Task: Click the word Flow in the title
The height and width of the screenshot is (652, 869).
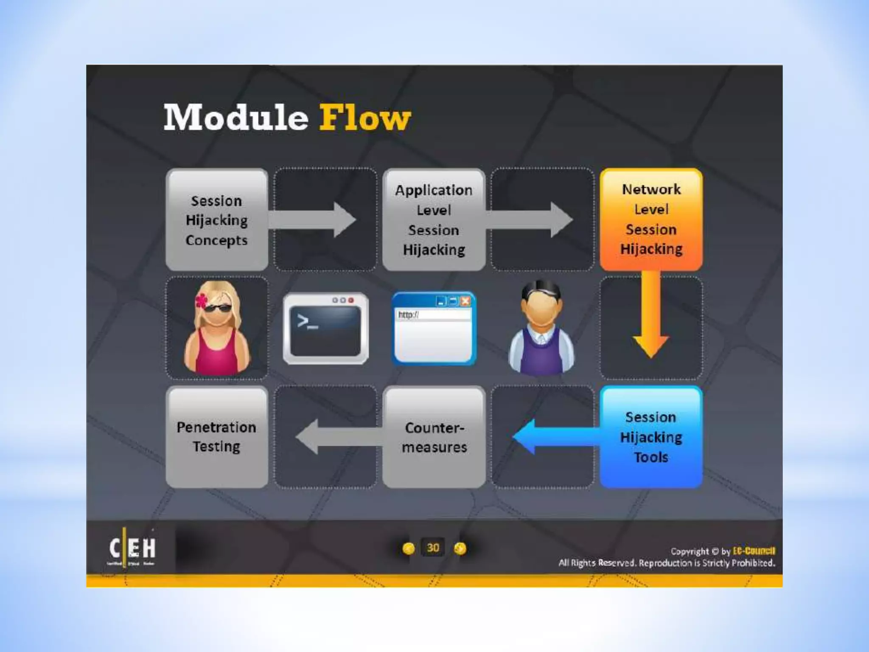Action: pyautogui.click(x=365, y=118)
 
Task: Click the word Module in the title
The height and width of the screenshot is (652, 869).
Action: pyautogui.click(x=236, y=118)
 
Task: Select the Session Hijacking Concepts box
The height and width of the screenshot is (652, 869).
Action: pyautogui.click(x=216, y=220)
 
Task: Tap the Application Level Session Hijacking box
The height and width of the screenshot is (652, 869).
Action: pyautogui.click(x=434, y=220)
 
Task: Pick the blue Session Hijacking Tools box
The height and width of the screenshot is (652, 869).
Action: pyautogui.click(x=651, y=437)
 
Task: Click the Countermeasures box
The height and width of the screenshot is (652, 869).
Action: pyautogui.click(x=434, y=437)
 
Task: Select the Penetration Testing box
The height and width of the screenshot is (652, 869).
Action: pyautogui.click(x=216, y=437)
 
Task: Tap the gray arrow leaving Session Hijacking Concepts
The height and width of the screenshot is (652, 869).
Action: pyautogui.click(x=314, y=219)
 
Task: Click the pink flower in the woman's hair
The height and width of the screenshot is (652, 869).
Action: pyautogui.click(x=202, y=301)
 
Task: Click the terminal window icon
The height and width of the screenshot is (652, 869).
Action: pyautogui.click(x=325, y=329)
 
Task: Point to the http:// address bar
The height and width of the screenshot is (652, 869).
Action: pyautogui.click(x=433, y=315)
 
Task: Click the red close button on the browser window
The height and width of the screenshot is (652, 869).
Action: pyautogui.click(x=465, y=301)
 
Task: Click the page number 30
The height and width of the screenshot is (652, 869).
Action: pyautogui.click(x=433, y=548)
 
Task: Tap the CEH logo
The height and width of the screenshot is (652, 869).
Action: pyautogui.click(x=132, y=548)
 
